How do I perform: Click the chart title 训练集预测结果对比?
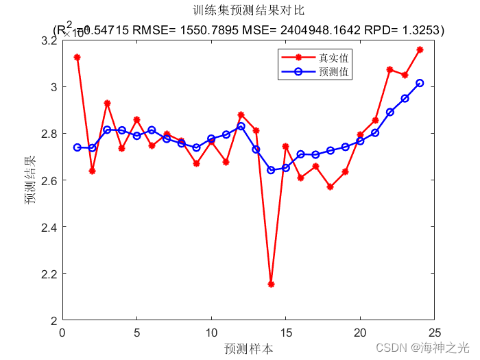[x=249, y=11]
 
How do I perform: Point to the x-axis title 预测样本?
[x=249, y=348]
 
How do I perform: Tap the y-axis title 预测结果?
[x=30, y=180]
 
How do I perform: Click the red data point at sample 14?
[x=271, y=284]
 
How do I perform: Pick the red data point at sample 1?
[x=77, y=58]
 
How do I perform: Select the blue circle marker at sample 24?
[x=420, y=83]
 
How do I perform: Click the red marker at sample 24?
[x=420, y=50]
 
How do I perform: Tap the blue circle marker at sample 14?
[x=271, y=170]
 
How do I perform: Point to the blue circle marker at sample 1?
[x=77, y=147]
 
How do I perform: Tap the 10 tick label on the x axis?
[x=211, y=333]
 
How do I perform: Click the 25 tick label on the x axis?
[x=434, y=333]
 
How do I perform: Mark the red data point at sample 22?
[x=390, y=70]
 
